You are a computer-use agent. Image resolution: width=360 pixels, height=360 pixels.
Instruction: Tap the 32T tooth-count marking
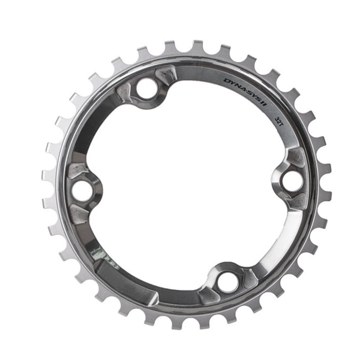279,121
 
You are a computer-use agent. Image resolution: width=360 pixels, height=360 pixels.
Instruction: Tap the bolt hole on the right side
292,179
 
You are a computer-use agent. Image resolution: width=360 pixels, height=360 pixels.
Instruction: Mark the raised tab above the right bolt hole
296,157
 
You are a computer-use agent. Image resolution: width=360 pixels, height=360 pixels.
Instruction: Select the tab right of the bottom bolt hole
249,278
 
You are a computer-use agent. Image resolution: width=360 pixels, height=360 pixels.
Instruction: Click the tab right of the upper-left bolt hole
166,76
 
